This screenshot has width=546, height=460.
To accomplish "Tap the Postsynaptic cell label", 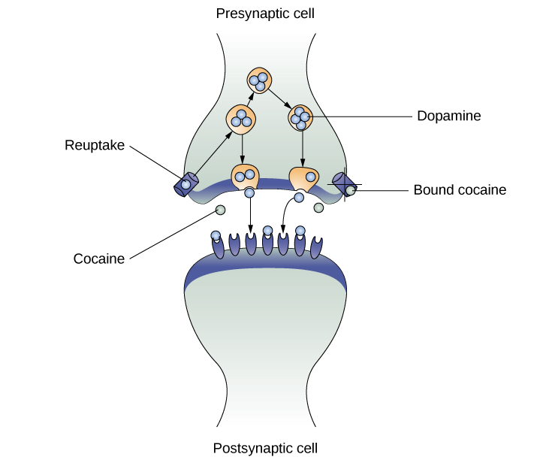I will click(265, 449).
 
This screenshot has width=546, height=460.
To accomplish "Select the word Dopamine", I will click(448, 117).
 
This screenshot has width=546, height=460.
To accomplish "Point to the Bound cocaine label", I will click(460, 190).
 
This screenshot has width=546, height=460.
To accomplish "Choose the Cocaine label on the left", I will click(98, 259).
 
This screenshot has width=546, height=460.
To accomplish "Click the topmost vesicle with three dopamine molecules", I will click(259, 81).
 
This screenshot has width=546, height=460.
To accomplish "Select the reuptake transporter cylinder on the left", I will click(186, 183).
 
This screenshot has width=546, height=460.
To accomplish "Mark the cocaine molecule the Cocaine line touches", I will click(220, 210).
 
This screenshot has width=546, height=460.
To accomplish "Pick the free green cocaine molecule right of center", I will click(318, 207).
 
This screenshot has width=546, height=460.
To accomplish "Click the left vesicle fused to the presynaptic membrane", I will click(244, 177).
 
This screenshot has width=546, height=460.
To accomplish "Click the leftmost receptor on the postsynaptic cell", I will click(218, 247).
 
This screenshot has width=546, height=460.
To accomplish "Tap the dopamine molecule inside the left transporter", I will click(185, 184).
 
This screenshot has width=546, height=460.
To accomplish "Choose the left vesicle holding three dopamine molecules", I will click(241, 119).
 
